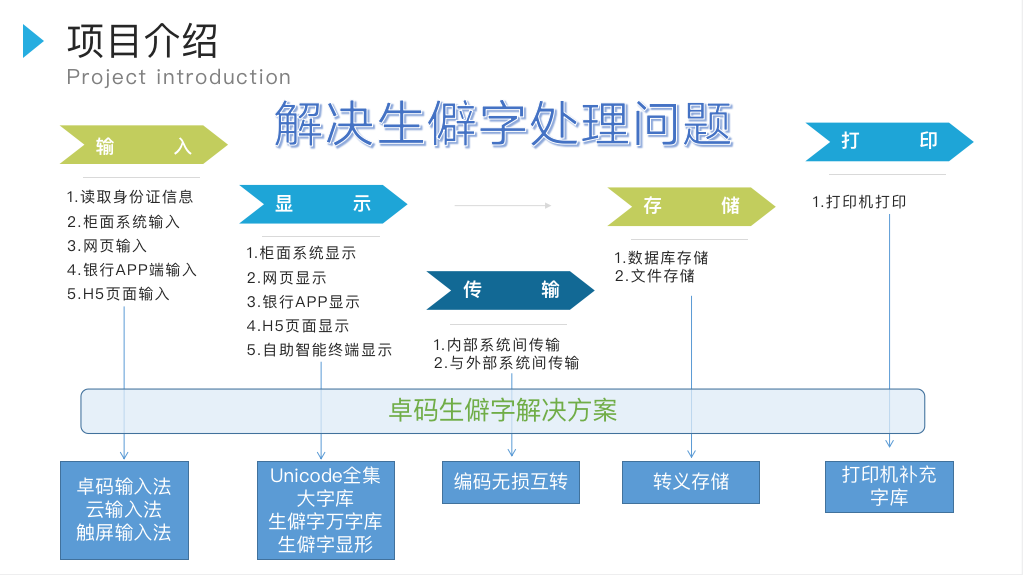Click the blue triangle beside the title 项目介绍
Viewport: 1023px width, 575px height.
pos(33,41)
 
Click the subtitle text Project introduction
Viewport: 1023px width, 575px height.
pos(179,77)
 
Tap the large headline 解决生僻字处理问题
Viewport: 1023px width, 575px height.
pos(503,124)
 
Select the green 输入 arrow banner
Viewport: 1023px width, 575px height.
pos(144,145)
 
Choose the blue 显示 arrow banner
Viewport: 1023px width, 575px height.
pos(324,204)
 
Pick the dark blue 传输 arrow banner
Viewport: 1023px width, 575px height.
pos(511,290)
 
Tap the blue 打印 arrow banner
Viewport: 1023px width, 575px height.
pos(889,142)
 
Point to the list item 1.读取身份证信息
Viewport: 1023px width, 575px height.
pos(130,197)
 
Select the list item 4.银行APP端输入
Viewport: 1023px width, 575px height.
pos(132,270)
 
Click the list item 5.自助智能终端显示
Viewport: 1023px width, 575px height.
pos(319,350)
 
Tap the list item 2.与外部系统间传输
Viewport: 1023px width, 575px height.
pos(506,363)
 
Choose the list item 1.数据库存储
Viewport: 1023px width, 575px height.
pos(661,258)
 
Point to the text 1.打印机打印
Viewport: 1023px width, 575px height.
pos(859,202)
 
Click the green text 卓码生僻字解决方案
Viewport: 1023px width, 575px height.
pos(503,411)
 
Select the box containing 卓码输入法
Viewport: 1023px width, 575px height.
pos(125,510)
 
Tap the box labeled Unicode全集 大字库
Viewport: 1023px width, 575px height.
pos(326,510)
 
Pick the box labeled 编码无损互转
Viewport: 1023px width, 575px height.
pos(511,482)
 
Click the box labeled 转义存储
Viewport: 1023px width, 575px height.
pos(691,482)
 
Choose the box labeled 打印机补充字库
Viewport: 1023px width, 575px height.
pos(889,487)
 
